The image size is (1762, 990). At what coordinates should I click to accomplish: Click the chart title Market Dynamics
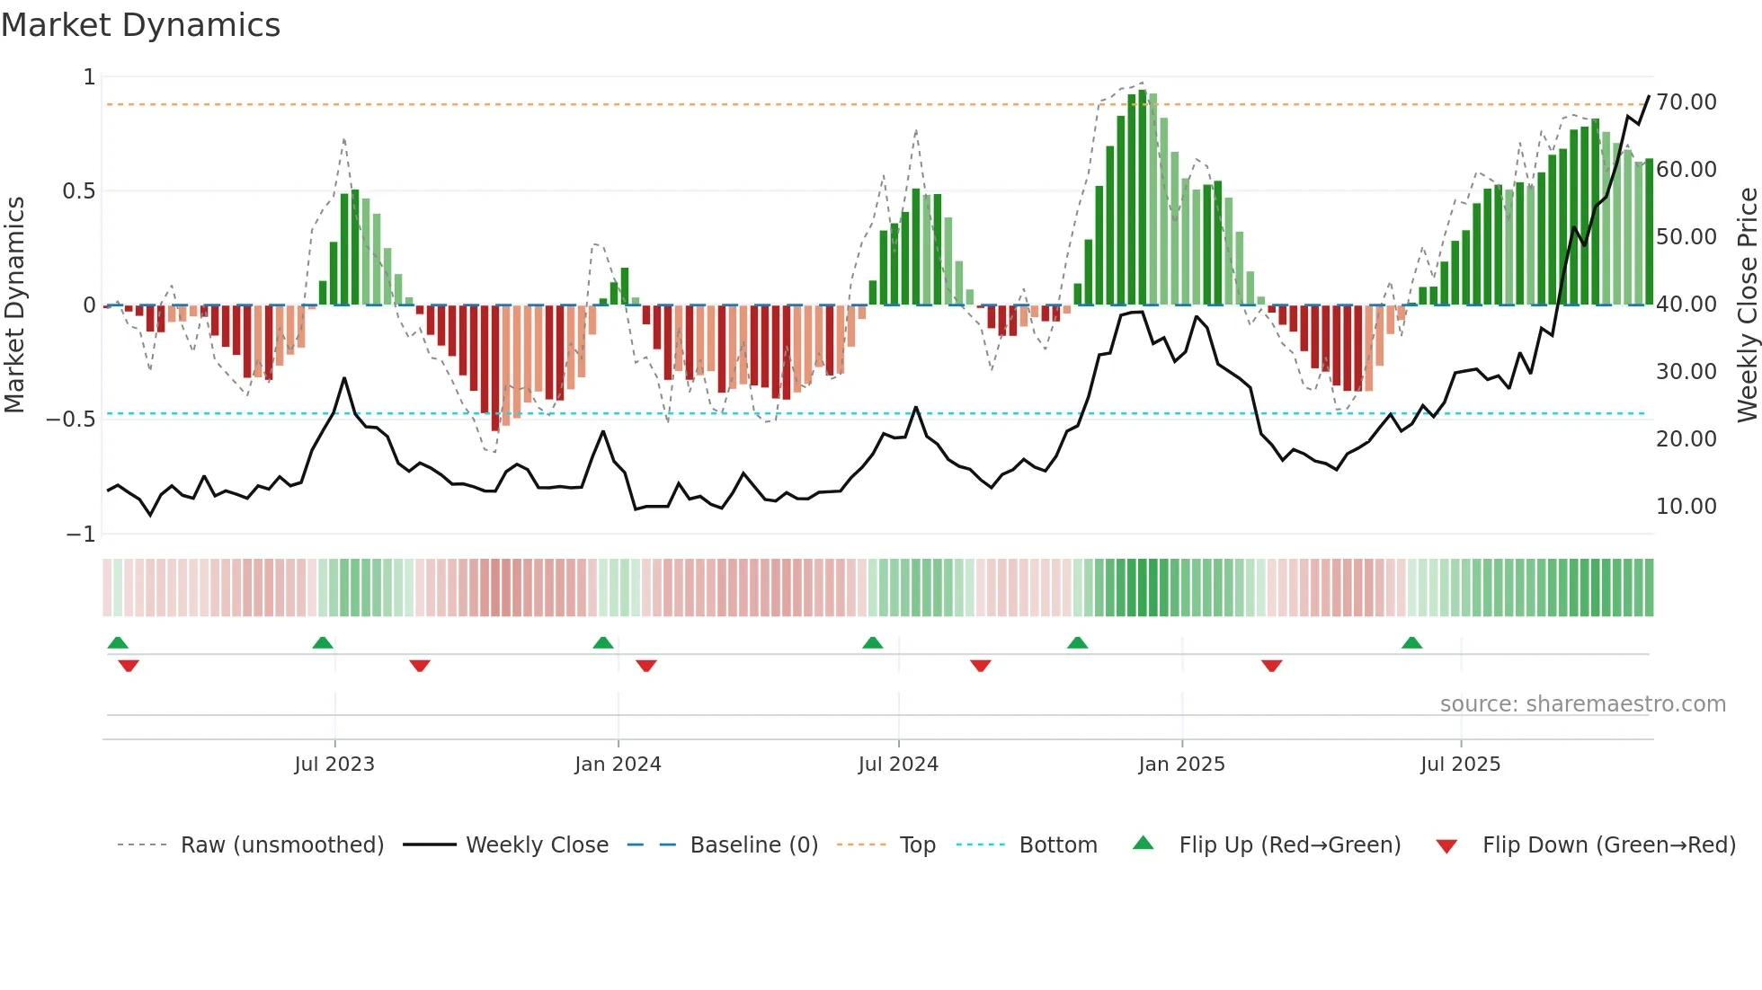point(140,25)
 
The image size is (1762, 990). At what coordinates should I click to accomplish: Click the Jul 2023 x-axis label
point(334,765)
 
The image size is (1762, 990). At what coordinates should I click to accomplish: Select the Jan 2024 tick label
point(618,765)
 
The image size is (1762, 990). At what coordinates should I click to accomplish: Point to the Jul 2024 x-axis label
point(898,765)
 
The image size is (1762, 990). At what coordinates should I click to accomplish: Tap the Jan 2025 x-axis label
point(1181,765)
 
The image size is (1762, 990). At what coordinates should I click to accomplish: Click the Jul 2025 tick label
point(1460,765)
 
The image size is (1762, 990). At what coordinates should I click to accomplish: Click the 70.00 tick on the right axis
point(1686,102)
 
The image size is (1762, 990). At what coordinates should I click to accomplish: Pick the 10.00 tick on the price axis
point(1686,507)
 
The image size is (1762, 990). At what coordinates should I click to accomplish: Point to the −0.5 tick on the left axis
point(70,420)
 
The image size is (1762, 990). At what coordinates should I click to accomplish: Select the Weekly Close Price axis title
point(1747,305)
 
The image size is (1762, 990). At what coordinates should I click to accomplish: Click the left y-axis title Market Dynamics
point(14,305)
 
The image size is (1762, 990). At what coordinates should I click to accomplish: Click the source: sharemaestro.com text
point(1582,704)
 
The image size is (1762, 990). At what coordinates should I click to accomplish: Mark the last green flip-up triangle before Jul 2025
point(1411,642)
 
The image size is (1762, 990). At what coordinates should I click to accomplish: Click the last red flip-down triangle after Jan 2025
point(1271,666)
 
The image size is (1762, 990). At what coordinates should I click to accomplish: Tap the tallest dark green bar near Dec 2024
point(1142,198)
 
